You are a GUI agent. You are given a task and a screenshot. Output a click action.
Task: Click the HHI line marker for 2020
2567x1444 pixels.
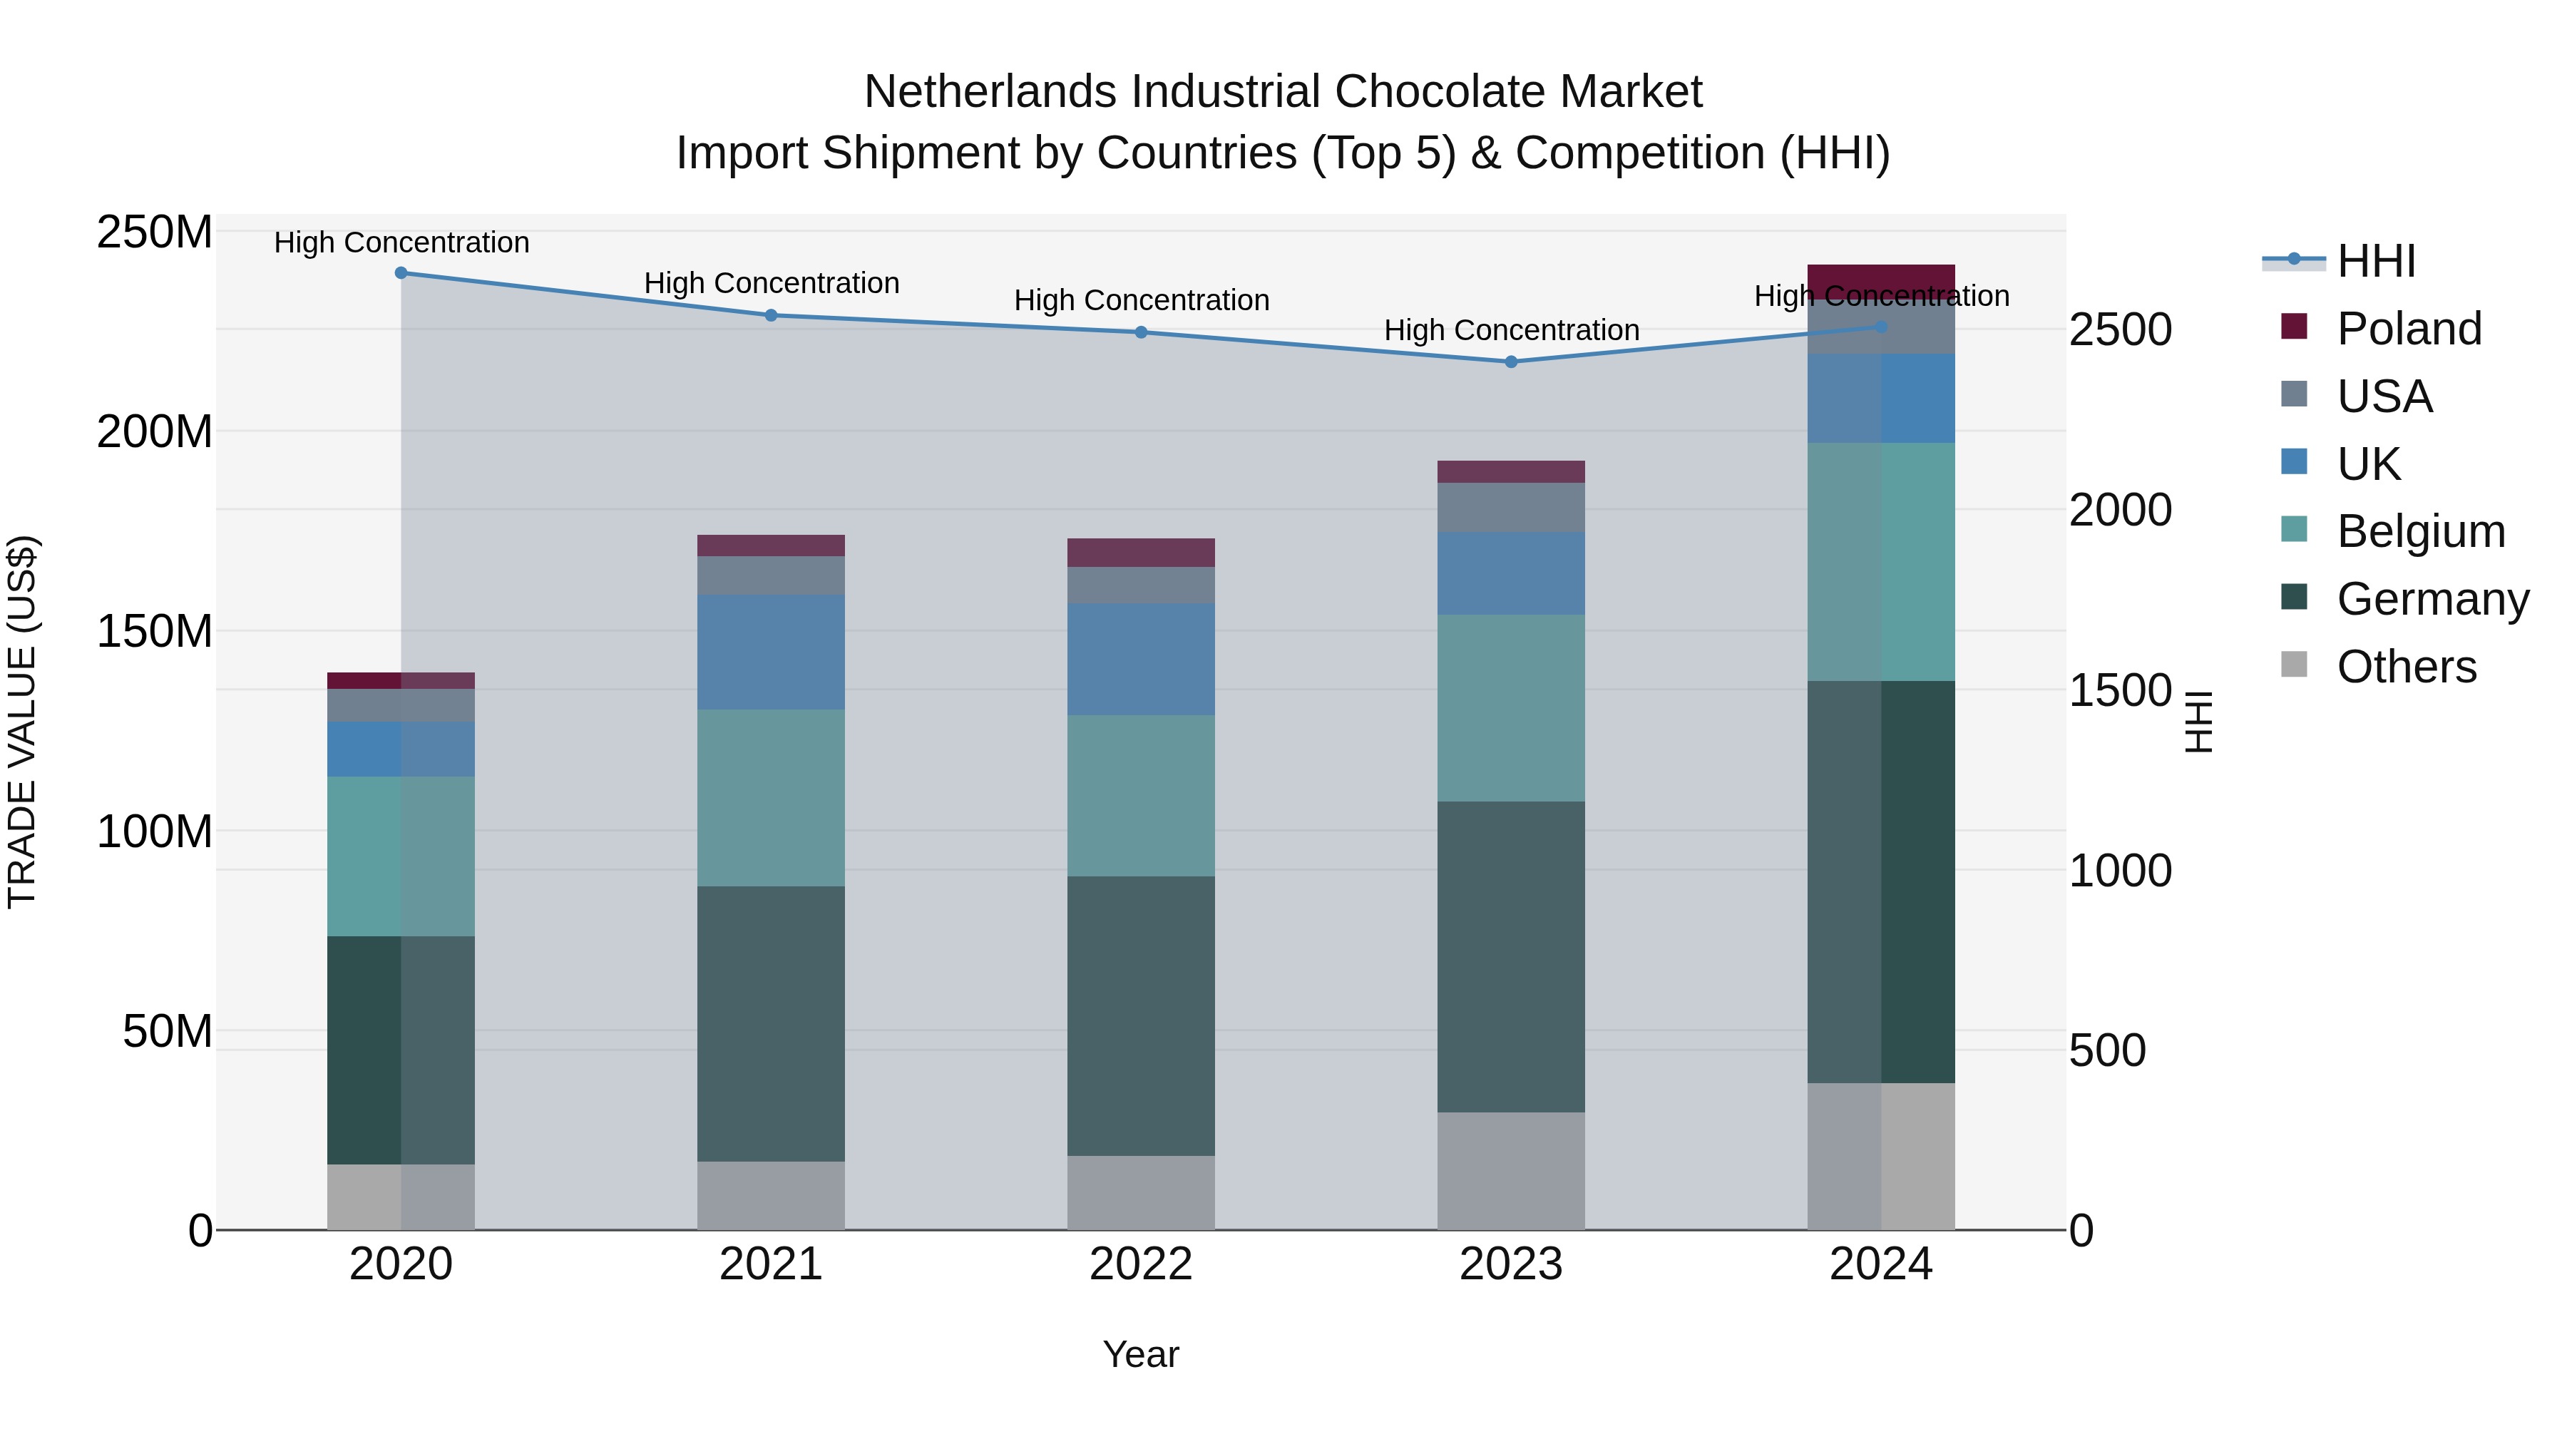(401, 272)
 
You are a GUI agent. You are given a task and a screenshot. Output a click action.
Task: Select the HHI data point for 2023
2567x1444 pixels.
(1511, 362)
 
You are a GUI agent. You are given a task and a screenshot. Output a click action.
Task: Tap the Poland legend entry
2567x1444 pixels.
(2409, 329)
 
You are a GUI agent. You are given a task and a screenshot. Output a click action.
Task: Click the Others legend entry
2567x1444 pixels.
(2406, 667)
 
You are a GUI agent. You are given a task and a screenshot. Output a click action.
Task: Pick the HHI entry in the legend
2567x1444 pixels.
(2376, 261)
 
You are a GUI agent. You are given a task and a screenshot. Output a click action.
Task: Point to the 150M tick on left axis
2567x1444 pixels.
(155, 632)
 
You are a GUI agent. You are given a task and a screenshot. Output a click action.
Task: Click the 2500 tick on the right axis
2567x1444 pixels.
(2120, 330)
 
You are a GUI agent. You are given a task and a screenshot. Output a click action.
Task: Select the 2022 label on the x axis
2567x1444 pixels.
(1140, 1264)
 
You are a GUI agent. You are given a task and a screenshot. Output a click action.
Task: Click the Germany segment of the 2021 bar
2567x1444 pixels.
(770, 1023)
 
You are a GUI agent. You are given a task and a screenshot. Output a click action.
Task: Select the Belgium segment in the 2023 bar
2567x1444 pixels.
(1511, 707)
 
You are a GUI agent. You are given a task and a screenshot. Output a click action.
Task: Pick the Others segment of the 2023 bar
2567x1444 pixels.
(1511, 1170)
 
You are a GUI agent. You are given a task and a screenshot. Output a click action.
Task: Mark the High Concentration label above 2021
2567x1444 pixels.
(772, 283)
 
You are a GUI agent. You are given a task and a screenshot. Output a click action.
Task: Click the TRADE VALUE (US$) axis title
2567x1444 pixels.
(22, 722)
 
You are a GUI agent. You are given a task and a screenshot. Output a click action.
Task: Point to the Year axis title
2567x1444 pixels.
(1140, 1354)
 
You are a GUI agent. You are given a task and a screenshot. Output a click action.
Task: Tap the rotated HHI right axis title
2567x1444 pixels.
(2198, 722)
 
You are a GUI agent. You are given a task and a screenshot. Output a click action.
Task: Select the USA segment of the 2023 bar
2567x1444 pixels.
(1511, 507)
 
